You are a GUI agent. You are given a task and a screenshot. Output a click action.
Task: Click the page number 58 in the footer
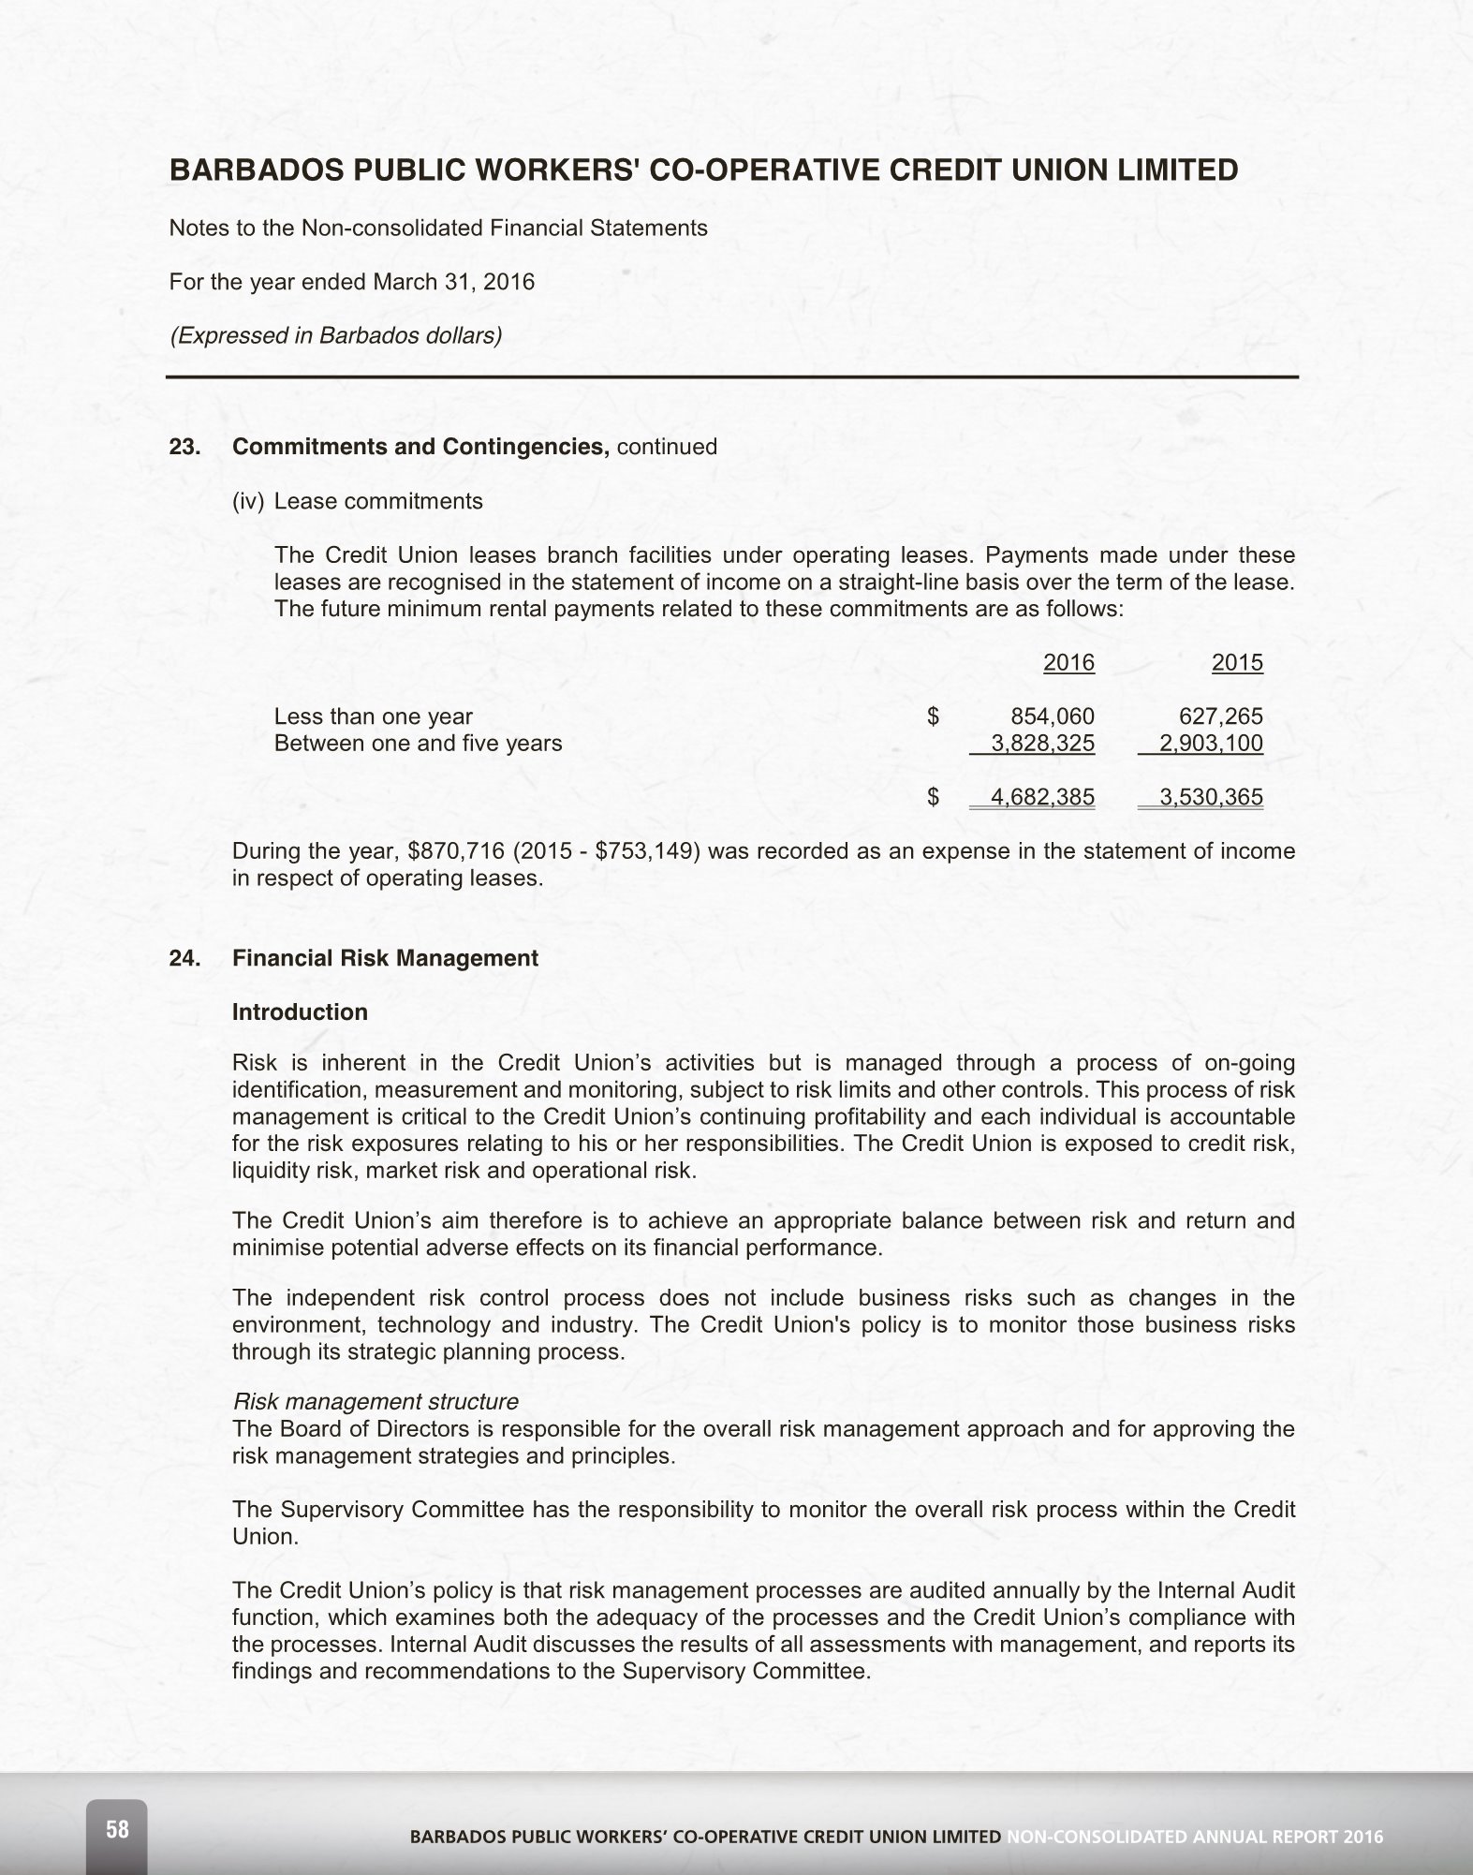coord(117,1828)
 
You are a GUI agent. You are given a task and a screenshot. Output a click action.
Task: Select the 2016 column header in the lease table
coord(1068,663)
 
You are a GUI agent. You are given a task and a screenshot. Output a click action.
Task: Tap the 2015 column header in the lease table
coord(1237,663)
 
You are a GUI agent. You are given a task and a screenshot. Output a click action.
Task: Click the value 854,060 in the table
coord(1053,716)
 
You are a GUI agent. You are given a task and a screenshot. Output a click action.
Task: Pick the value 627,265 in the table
coord(1221,716)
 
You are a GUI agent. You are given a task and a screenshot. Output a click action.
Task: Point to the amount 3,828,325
coord(1042,744)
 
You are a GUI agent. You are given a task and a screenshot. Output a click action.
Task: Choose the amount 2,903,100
coord(1211,744)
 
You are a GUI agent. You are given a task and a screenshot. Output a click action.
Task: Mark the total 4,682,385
coord(1042,797)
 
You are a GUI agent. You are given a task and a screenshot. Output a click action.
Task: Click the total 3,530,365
coord(1211,797)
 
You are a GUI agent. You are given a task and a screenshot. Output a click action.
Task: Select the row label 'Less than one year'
coord(373,716)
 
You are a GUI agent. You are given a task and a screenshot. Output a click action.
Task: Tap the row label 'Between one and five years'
coord(418,744)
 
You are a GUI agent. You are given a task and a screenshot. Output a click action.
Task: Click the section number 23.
coord(184,447)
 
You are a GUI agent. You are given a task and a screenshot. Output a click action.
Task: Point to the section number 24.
coord(184,958)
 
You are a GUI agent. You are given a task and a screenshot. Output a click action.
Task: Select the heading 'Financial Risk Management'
coord(385,958)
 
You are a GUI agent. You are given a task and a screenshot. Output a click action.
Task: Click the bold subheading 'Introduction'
coord(300,1012)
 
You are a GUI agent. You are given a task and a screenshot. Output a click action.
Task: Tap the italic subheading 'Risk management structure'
coord(375,1402)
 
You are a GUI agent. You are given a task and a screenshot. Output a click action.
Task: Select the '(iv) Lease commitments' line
coord(358,501)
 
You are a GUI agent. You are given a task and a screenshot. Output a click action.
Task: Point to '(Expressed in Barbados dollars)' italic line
coord(335,335)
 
